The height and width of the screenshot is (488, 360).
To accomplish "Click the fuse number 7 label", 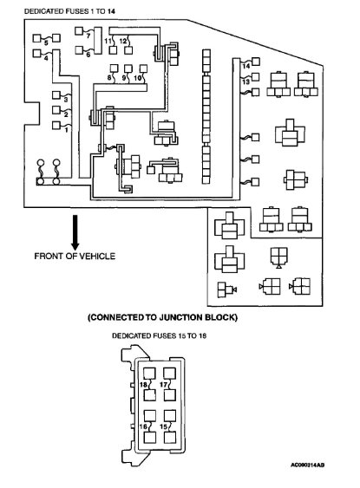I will coord(88,36).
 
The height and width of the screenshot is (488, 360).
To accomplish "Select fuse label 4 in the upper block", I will coord(46,55).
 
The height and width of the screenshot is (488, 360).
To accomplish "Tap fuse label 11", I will coord(108,41).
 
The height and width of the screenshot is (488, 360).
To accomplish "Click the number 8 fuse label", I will coord(109,78).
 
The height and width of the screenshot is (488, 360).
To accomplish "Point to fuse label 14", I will coord(246,66).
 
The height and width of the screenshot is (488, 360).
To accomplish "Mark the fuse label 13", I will coord(246,81).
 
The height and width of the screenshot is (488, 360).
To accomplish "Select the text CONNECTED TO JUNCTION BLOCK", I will coord(163,317).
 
